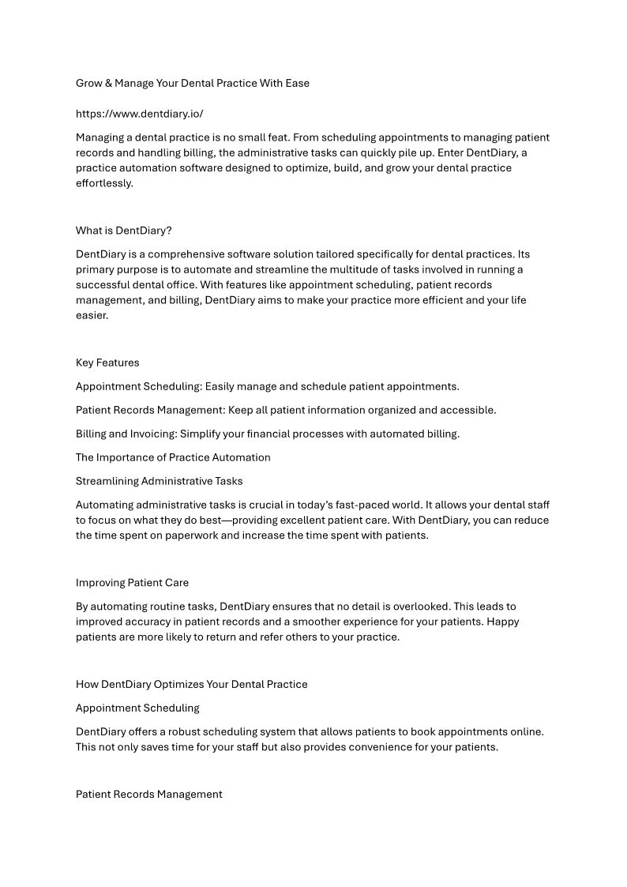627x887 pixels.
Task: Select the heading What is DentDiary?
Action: [x=123, y=231]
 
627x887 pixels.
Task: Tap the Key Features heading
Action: [x=107, y=363]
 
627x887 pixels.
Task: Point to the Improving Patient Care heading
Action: [x=132, y=583]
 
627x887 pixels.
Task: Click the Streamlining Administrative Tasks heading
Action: [x=159, y=481]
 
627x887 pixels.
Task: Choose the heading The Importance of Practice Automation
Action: [x=173, y=457]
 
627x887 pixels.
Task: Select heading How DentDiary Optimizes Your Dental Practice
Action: [x=191, y=684]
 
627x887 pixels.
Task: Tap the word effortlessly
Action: [x=104, y=183]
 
